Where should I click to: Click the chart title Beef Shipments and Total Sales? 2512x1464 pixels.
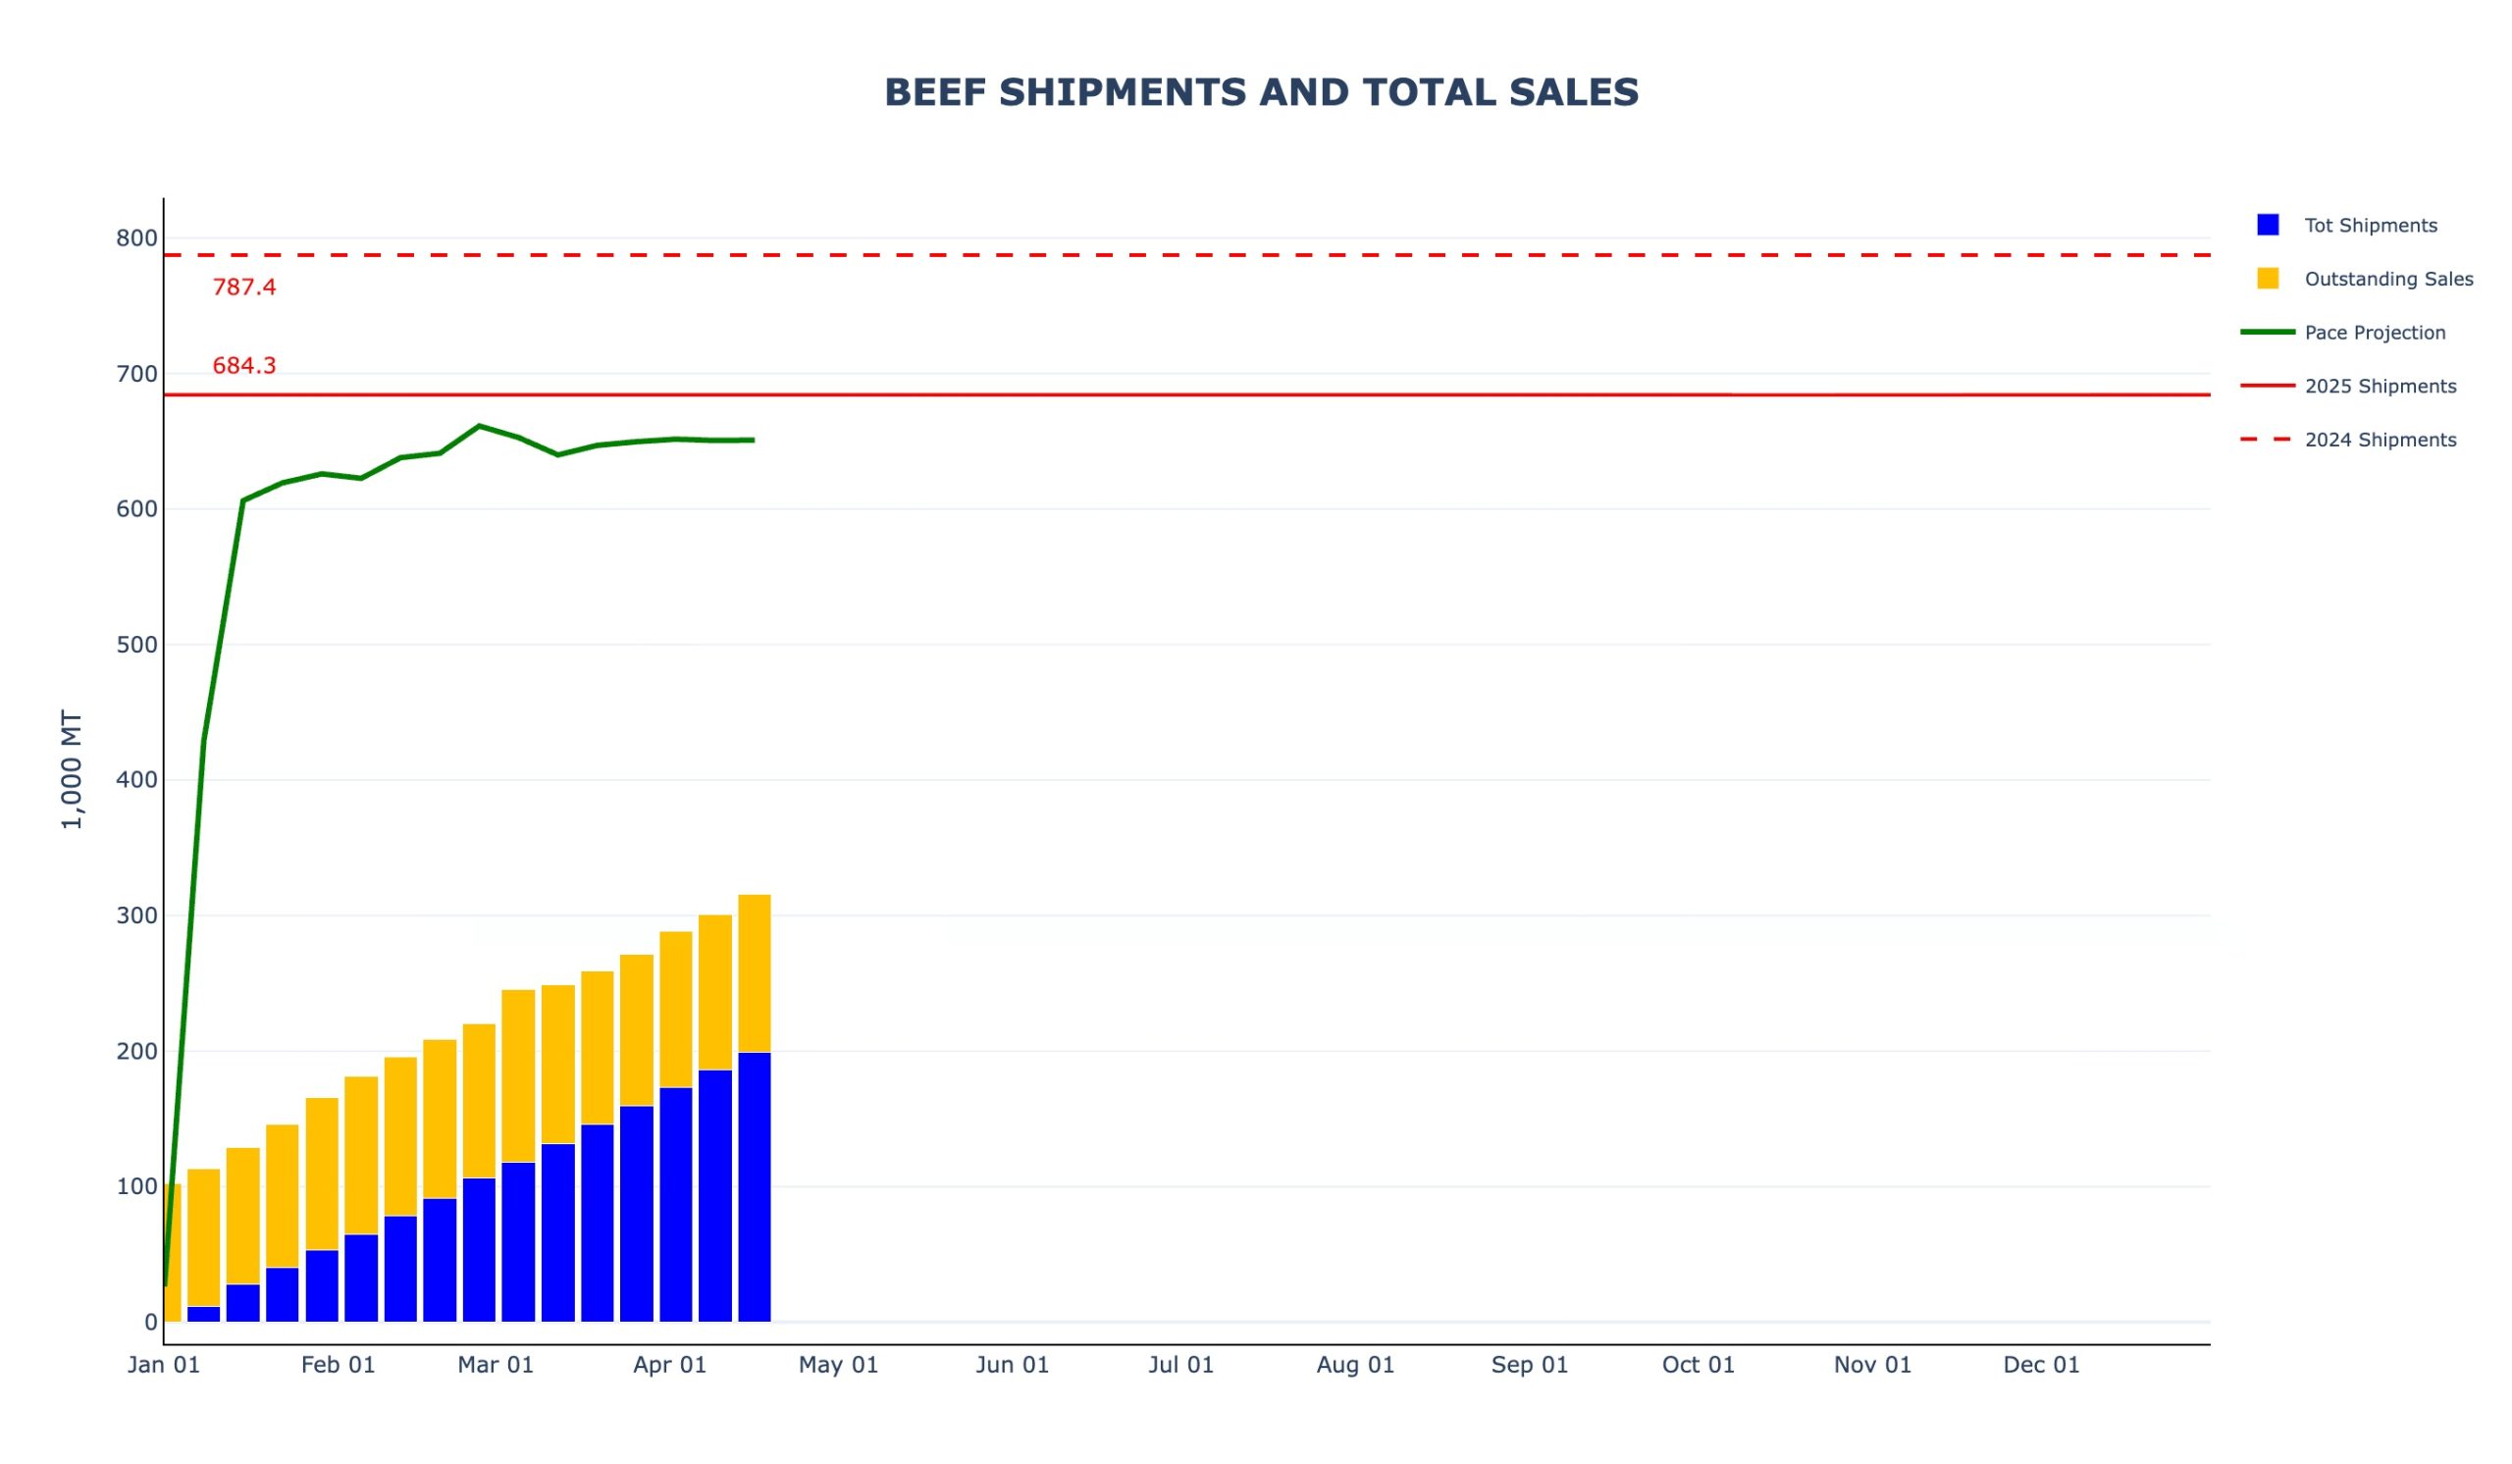(x=1261, y=92)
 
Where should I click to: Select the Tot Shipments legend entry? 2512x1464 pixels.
(x=2370, y=226)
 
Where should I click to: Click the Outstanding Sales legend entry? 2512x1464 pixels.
(x=2387, y=279)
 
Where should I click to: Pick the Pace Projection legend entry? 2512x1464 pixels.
(x=2375, y=333)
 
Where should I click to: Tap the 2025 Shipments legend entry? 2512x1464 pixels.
(x=2380, y=387)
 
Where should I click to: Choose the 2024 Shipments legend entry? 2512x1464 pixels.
(x=2380, y=441)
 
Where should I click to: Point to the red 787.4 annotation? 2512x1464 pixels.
(x=244, y=288)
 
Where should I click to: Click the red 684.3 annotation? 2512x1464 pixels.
(x=244, y=367)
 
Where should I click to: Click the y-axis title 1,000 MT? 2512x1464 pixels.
(x=72, y=769)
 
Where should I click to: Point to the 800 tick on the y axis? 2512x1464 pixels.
(x=136, y=238)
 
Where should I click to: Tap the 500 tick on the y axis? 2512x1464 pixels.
(x=136, y=645)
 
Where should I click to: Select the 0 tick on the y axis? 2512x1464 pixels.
(x=150, y=1323)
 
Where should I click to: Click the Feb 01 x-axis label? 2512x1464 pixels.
(x=338, y=1365)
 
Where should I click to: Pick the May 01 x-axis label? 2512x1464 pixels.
(x=838, y=1365)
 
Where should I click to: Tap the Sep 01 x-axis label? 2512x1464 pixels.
(x=1529, y=1365)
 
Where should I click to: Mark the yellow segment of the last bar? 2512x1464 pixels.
(x=755, y=973)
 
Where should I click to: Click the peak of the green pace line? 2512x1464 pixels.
(x=480, y=426)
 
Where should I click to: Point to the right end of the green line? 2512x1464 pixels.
(x=754, y=440)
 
